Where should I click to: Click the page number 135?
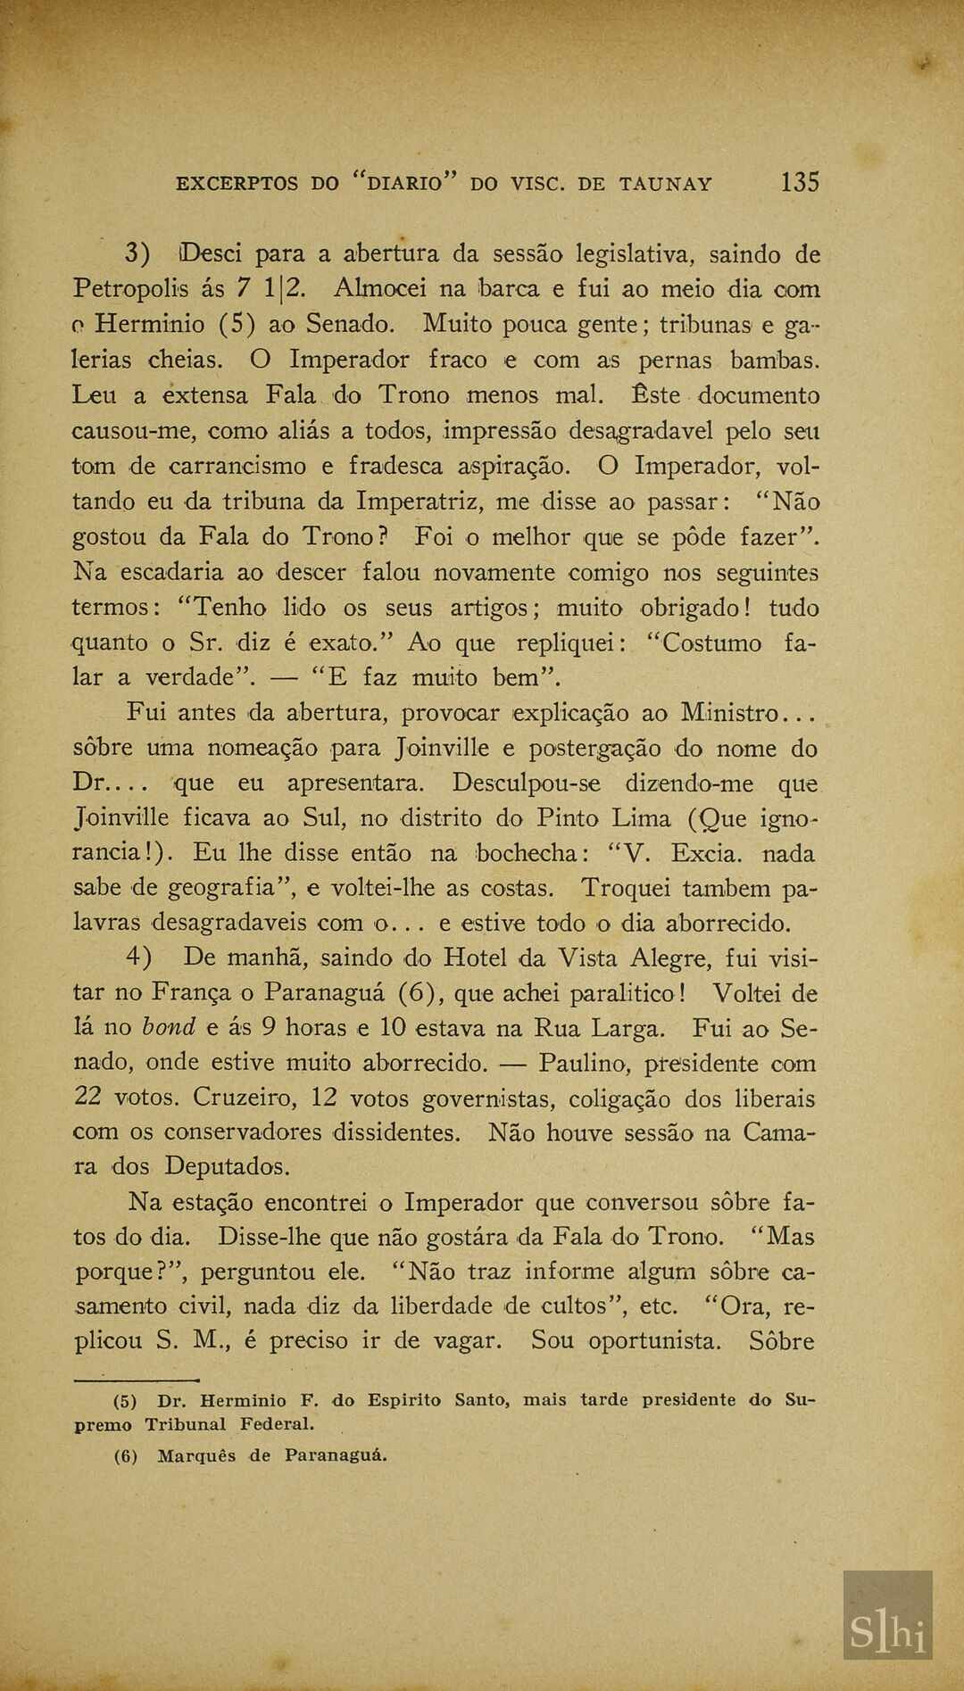click(799, 182)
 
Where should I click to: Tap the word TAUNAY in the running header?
click(666, 185)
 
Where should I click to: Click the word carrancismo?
click(237, 467)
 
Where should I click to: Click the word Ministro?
click(729, 714)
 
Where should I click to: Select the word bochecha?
click(527, 853)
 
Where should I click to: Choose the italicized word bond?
click(169, 1027)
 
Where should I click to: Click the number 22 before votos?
click(88, 1098)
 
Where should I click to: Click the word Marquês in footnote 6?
click(195, 1456)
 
